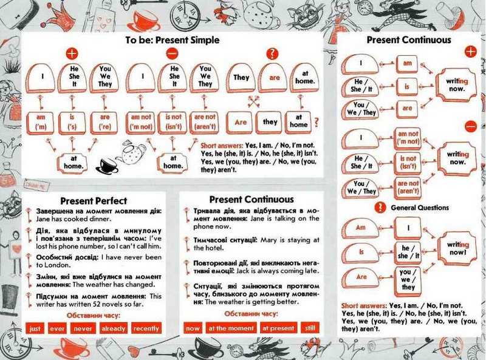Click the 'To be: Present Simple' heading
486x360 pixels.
pyautogui.click(x=172, y=40)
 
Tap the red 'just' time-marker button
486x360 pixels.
pyautogui.click(x=35, y=328)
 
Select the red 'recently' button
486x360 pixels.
pyautogui.click(x=146, y=328)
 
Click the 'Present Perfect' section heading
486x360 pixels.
pyautogui.click(x=94, y=200)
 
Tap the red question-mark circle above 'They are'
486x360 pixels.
pyautogui.click(x=272, y=53)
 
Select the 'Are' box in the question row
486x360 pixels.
pyautogui.click(x=241, y=121)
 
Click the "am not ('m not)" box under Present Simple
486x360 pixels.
pyautogui.click(x=141, y=122)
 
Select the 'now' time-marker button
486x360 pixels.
pyautogui.click(x=193, y=328)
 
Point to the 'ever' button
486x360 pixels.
pyautogui.click(x=58, y=328)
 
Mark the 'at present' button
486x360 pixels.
pyautogui.click(x=277, y=328)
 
